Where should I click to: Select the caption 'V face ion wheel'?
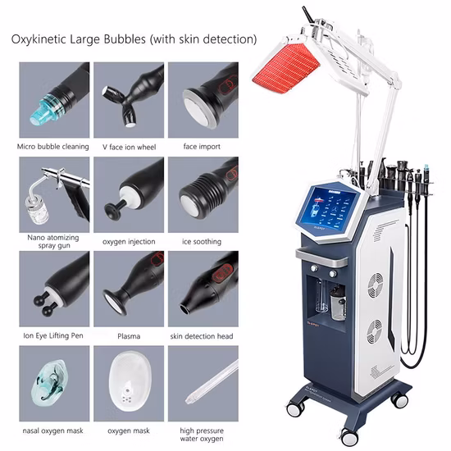(129, 147)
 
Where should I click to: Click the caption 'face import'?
(202, 147)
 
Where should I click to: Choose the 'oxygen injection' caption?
(129, 242)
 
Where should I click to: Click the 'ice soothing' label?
(202, 241)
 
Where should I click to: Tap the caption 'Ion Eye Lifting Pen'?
(53, 335)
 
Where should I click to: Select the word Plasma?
(129, 336)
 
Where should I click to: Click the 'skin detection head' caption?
(202, 336)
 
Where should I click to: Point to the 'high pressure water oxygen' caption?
(202, 435)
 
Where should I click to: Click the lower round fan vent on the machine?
(375, 331)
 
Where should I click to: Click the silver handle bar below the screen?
(322, 256)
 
